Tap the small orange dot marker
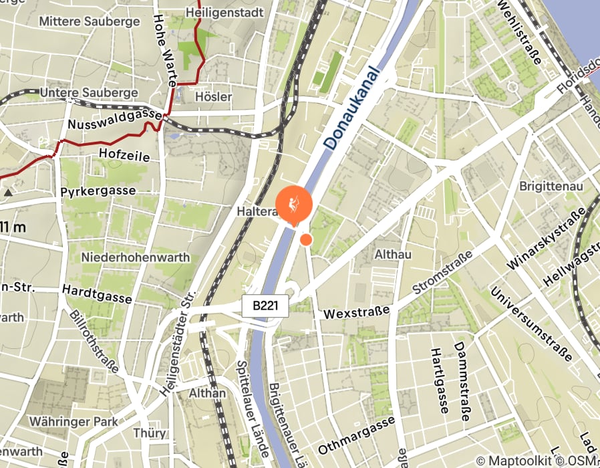[x=306, y=239]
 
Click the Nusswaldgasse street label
[x=114, y=120]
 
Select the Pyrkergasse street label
[x=98, y=191]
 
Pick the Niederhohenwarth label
[x=135, y=257]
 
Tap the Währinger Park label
[x=73, y=422]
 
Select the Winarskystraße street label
[x=545, y=239]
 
